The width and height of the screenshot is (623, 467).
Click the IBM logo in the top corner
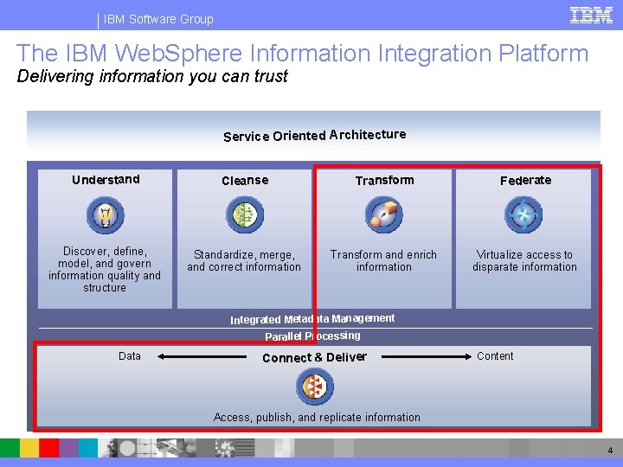point(592,15)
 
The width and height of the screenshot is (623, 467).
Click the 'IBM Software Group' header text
point(158,19)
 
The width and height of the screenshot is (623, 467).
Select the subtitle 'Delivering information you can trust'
point(152,76)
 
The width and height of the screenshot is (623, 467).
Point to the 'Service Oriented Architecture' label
point(314,135)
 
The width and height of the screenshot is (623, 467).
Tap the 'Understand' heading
point(106,180)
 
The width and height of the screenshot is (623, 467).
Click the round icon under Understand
point(106,215)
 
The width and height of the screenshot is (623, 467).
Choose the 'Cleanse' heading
point(245,181)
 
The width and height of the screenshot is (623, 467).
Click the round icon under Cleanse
point(245,215)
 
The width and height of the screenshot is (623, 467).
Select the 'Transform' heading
point(384,181)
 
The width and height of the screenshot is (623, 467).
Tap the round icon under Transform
point(383,215)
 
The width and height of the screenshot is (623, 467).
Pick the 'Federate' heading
point(525,181)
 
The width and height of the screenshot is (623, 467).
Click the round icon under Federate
point(523,215)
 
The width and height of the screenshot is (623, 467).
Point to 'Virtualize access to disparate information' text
point(524,261)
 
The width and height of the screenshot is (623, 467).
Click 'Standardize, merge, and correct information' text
point(244,261)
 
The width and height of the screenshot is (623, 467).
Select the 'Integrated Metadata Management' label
point(312,319)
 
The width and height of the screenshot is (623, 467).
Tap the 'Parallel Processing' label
point(312,336)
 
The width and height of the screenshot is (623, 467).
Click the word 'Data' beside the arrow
point(130,356)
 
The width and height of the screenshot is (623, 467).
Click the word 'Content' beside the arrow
point(495,356)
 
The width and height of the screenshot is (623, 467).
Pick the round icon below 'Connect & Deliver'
point(314,387)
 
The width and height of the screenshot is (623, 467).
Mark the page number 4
point(610,451)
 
